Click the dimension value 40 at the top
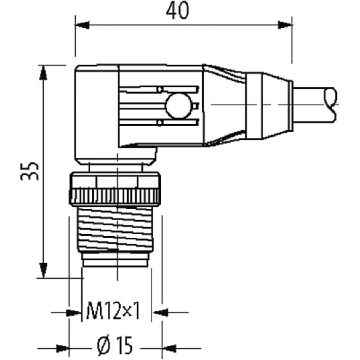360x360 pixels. (x=177, y=11)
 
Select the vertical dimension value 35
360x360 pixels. (x=29, y=172)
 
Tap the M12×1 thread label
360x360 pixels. (x=113, y=311)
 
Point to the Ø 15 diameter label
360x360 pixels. (x=115, y=346)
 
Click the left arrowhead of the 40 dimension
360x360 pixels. (x=82, y=25)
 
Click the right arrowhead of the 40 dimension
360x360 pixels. (x=285, y=25)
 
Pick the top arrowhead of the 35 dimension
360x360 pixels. (x=43, y=73)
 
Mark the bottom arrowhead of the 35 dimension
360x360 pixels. (x=43, y=270)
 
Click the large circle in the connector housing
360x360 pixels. (x=178, y=106)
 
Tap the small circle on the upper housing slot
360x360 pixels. (x=160, y=89)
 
